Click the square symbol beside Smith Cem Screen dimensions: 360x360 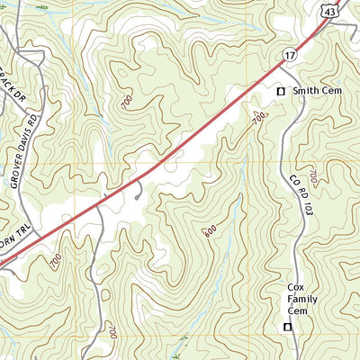(280, 92)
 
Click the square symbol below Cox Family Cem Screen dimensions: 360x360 (288, 327)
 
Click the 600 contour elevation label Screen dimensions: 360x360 (210, 231)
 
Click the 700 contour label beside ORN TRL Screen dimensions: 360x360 (56, 262)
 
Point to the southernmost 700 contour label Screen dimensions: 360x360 (112, 332)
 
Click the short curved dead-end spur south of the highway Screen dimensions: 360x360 (137, 190)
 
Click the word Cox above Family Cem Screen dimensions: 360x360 (297, 285)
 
